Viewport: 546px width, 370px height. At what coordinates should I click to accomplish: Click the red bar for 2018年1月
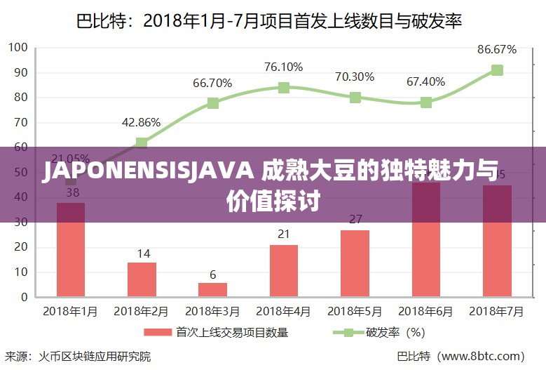(x=71, y=253)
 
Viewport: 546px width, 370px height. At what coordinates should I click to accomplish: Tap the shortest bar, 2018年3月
(x=212, y=289)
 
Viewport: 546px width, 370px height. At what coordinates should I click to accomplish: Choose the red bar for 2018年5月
(x=355, y=263)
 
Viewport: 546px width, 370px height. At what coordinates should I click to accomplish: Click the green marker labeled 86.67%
(x=497, y=70)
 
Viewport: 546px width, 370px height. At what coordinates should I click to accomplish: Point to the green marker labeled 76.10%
(x=283, y=88)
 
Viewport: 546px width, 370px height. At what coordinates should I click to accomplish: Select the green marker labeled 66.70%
(x=212, y=103)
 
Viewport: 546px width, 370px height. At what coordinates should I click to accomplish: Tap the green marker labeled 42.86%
(x=142, y=143)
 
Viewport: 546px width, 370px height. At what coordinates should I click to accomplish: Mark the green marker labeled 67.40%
(x=425, y=103)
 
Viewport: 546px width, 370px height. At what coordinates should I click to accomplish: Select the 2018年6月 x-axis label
(x=425, y=310)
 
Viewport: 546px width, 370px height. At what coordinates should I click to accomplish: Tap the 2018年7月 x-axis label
(x=496, y=310)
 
